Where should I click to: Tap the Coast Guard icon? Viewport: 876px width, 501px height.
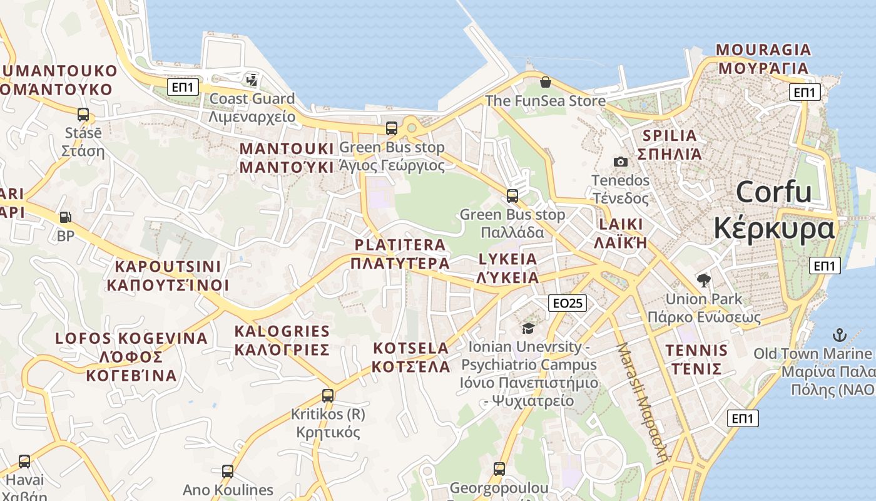pos(252,80)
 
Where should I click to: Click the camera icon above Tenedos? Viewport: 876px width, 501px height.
pos(621,162)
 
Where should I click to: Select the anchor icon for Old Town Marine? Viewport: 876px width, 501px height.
pos(839,334)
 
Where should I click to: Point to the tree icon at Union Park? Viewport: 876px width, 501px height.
pos(703,280)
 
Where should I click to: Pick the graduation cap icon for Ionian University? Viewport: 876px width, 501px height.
pos(529,328)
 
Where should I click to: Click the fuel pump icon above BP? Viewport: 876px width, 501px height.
pos(65,217)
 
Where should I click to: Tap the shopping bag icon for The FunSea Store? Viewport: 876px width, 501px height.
pos(546,82)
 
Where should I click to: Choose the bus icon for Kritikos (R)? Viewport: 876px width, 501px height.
pos(328,396)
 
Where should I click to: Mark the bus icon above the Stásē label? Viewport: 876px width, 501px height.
pos(83,115)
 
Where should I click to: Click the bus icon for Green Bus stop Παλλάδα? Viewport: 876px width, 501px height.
pos(512,196)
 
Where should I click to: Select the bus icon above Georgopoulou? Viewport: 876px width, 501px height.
pos(499,469)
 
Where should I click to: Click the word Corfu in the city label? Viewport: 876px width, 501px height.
pos(773,192)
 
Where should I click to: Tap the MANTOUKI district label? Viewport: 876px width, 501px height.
pos(287,149)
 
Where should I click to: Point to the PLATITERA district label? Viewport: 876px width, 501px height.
pos(400,245)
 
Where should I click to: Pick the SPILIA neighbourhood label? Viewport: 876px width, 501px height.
pos(670,135)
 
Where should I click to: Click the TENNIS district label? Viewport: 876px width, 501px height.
pos(696,350)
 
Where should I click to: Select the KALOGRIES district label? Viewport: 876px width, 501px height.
pos(282,331)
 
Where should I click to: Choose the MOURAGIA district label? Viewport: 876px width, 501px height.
pos(763,49)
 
